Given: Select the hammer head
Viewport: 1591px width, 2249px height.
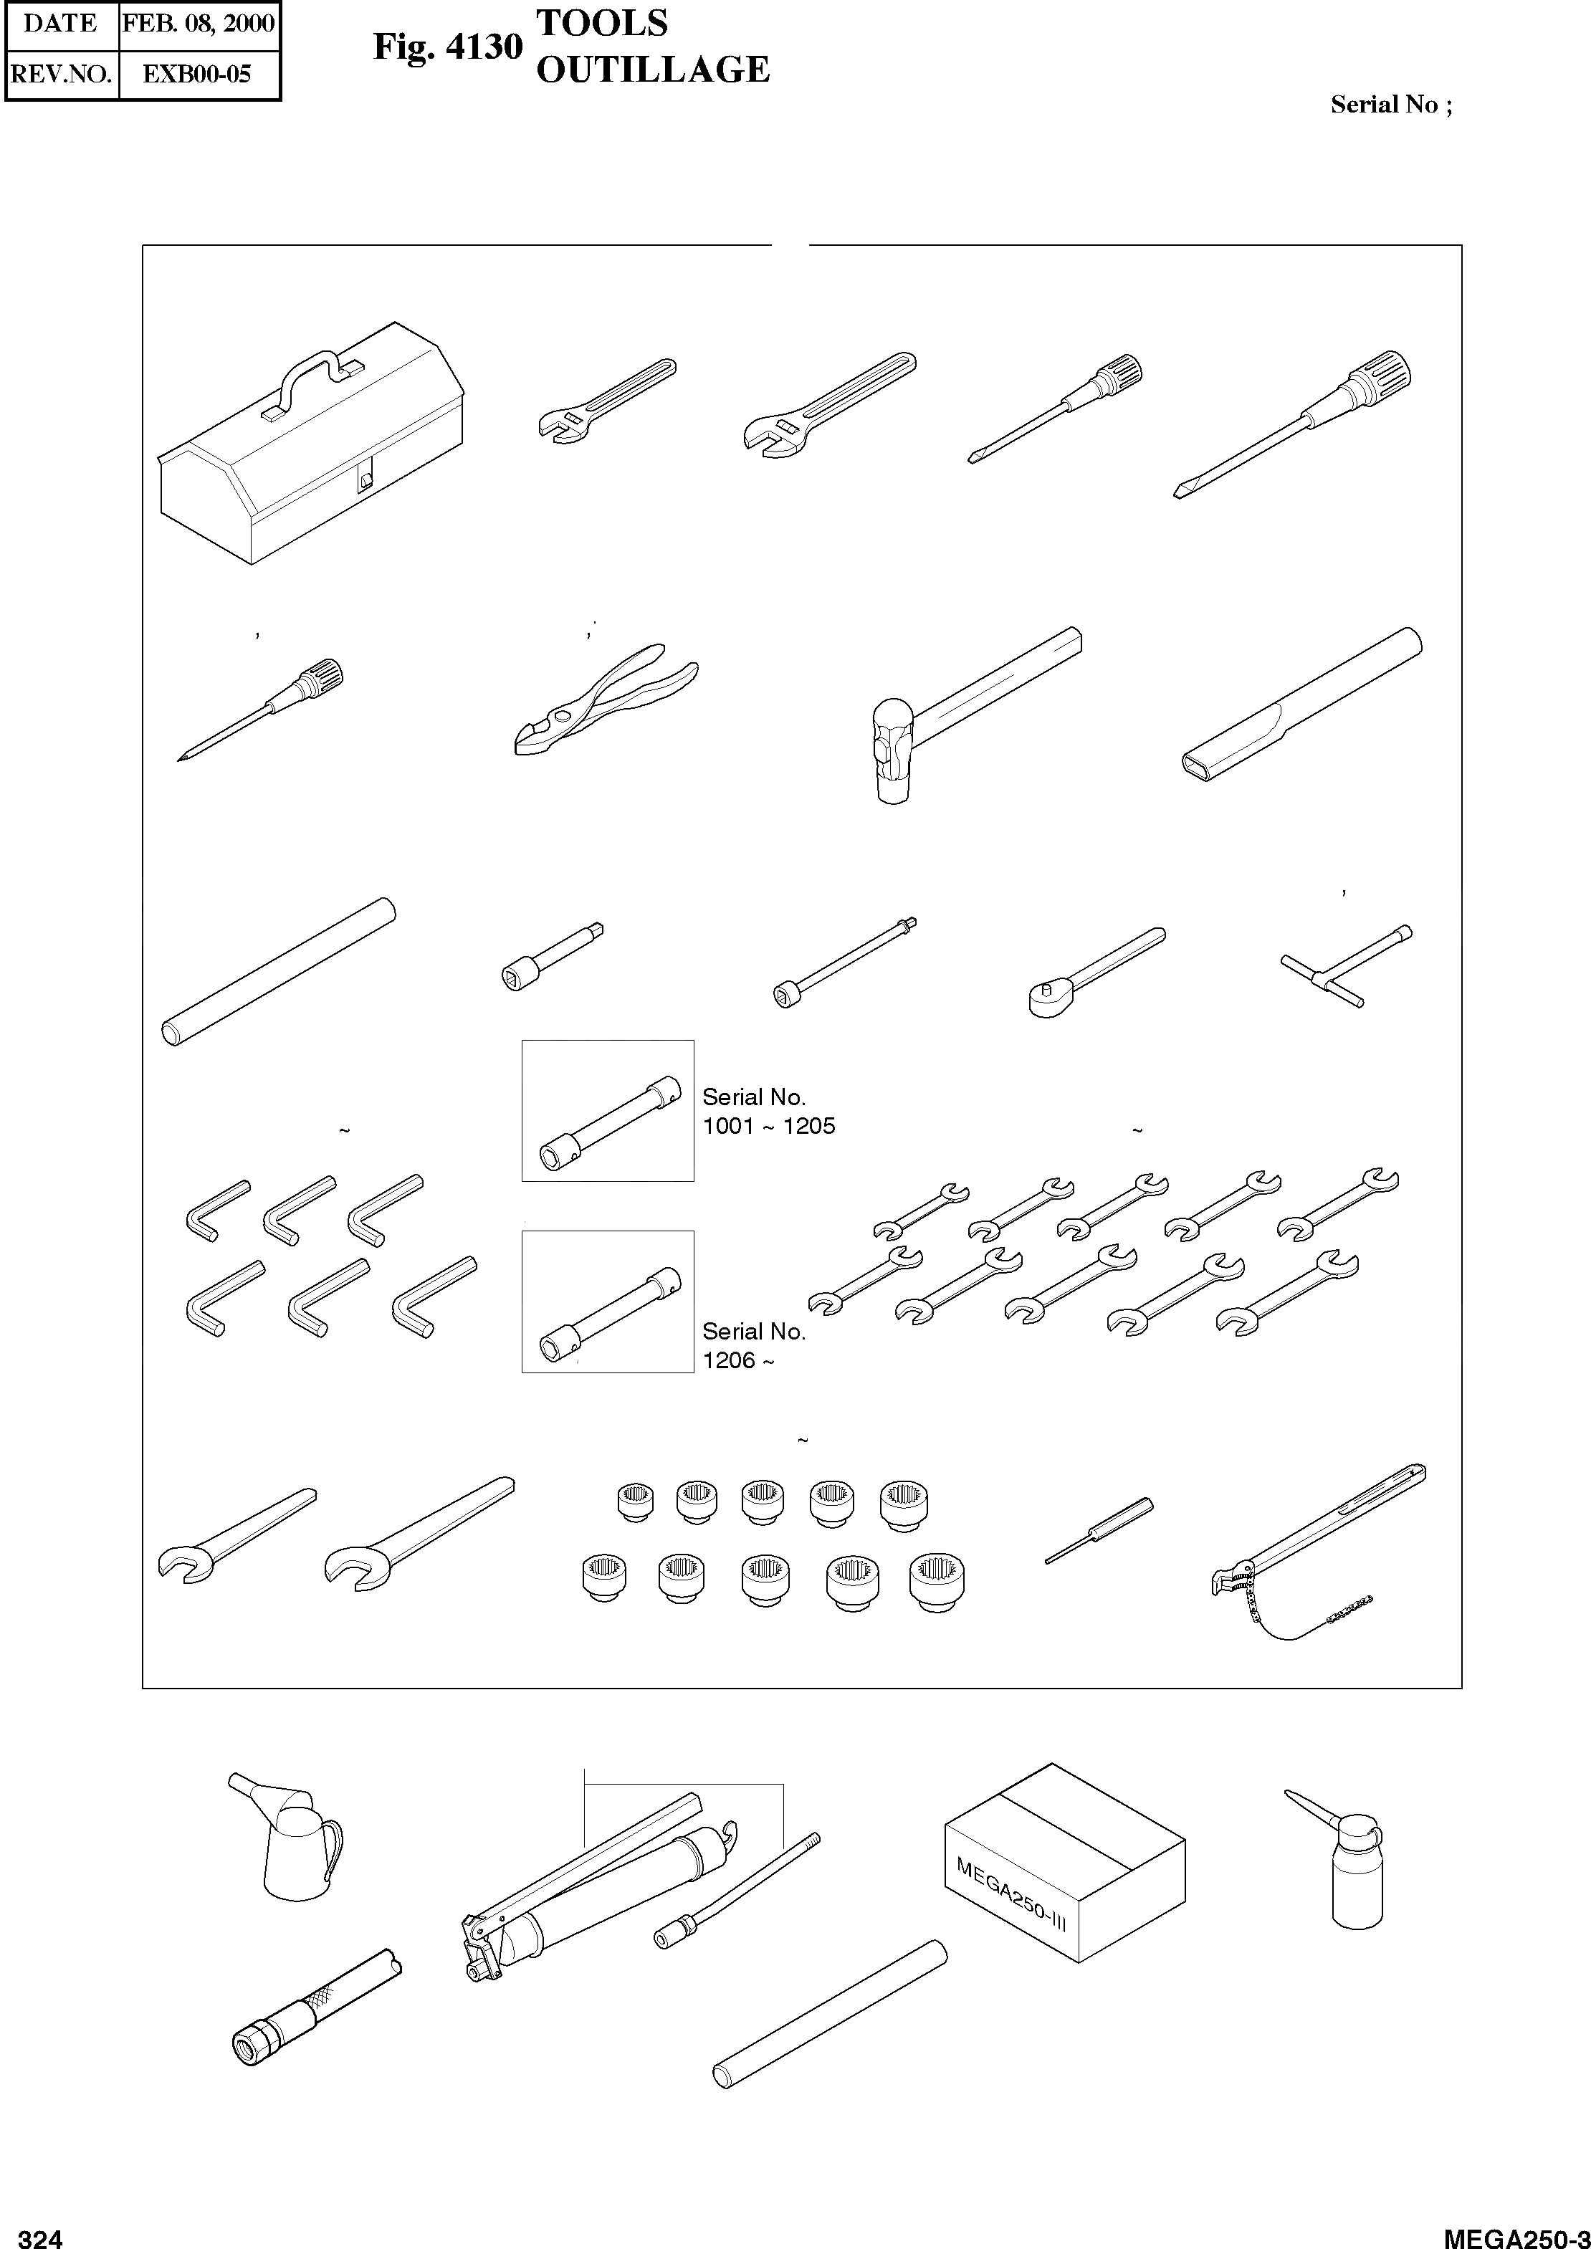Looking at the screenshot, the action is point(892,750).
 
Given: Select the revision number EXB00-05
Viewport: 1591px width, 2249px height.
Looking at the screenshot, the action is point(197,74).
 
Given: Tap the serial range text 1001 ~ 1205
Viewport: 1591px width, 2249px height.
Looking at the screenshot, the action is point(768,1127).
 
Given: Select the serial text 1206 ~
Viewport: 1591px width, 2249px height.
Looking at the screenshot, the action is point(737,1360).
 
